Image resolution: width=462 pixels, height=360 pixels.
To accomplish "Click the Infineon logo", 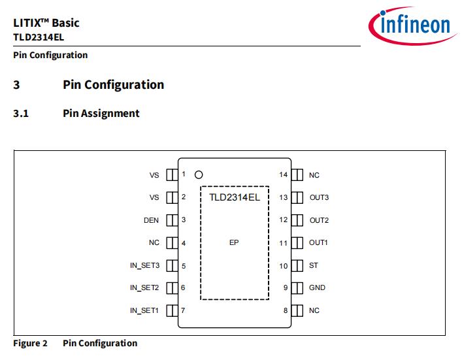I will [x=410, y=25].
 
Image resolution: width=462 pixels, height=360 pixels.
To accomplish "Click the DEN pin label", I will [x=151, y=220].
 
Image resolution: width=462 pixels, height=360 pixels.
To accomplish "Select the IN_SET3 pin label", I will [x=144, y=265].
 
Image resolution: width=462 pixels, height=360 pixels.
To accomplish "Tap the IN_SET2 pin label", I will [x=144, y=287].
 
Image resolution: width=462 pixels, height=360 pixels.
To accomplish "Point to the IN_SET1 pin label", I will [x=144, y=310].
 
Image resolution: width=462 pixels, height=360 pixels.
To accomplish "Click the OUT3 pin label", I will [x=319, y=197].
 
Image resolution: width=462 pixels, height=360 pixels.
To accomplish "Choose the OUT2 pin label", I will [x=319, y=220].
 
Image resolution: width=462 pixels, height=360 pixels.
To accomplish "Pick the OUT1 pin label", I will [x=318, y=242].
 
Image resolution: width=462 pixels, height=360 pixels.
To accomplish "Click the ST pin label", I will [x=314, y=265].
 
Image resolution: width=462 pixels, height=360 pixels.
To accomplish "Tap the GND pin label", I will [x=317, y=287].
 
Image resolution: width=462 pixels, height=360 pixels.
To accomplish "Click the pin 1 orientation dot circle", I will [x=199, y=174].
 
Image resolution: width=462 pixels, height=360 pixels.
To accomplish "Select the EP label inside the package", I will [x=234, y=242].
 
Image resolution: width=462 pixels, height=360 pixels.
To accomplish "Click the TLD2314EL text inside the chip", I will [x=235, y=197].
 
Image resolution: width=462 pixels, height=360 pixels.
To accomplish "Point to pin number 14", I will [x=283, y=174].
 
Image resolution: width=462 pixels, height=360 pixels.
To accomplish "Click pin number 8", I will [x=286, y=310].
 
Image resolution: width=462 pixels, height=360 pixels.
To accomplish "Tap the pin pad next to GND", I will [x=297, y=287].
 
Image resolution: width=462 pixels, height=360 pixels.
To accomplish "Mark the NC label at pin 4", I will [x=154, y=242].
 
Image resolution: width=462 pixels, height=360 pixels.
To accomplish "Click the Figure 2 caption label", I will [x=31, y=343].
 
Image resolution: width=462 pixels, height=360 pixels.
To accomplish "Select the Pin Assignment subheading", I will [x=101, y=113].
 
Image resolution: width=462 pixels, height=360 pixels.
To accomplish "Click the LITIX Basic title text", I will [x=46, y=23].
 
